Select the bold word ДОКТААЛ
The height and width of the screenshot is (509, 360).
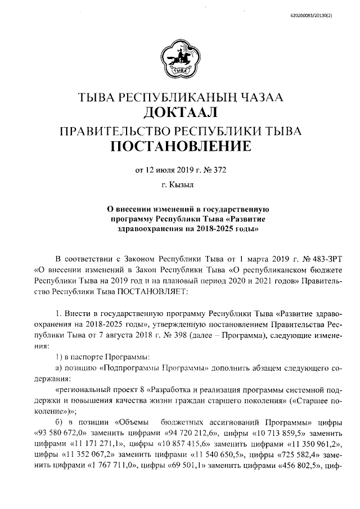click(x=180, y=114)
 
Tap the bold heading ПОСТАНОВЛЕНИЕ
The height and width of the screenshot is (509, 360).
click(x=180, y=147)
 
